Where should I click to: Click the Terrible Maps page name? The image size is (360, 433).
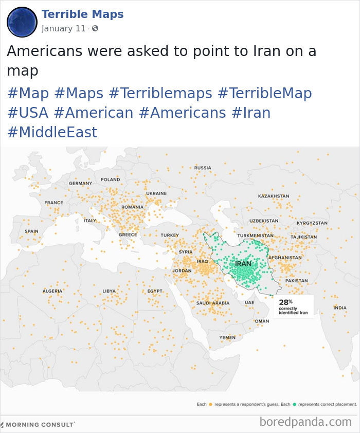(82, 14)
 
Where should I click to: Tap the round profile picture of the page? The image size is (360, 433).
(22, 22)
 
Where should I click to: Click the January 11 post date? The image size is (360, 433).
(63, 28)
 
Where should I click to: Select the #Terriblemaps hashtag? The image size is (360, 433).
(160, 93)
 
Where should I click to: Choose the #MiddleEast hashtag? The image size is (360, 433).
(52, 132)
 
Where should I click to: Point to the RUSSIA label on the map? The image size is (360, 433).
(203, 168)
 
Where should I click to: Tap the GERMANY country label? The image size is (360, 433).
(80, 183)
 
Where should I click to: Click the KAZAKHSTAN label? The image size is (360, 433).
(273, 196)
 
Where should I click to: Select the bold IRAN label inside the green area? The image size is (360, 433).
(243, 264)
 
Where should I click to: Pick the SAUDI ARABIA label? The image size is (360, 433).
(212, 303)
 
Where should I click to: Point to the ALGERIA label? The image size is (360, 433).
(52, 291)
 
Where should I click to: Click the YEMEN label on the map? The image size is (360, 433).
(227, 337)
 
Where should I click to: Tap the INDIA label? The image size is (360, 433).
(340, 308)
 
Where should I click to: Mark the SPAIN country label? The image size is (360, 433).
(31, 231)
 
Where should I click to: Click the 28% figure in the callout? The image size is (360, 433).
(285, 302)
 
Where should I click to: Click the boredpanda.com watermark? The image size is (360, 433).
(305, 422)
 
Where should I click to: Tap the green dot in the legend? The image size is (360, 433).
(294, 405)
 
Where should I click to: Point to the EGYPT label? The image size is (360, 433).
(155, 291)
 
